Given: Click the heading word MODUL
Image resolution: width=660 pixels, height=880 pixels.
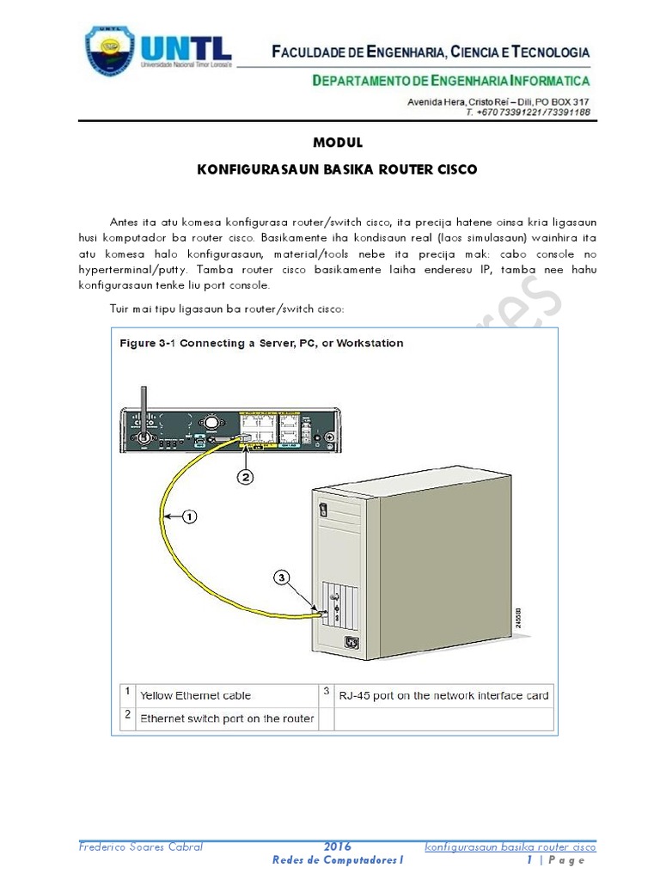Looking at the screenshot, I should coord(337,143).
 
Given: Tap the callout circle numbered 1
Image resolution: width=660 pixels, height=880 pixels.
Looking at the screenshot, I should coord(189,516).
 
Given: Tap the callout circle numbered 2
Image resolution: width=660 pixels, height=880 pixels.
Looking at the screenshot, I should coord(244,478).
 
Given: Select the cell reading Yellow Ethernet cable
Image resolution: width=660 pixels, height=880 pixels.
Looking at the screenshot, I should coord(196,695).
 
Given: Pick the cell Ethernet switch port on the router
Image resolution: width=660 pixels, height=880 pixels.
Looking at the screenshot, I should coord(227,718).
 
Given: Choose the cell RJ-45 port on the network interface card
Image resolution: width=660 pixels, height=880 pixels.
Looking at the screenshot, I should coord(443,695).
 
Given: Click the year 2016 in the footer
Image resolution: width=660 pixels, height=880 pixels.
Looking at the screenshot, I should coord(337,846).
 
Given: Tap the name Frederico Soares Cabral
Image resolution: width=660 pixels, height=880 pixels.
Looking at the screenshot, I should coord(141,846).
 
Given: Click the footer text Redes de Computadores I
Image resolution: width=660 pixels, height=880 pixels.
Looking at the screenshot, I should coord(337,860).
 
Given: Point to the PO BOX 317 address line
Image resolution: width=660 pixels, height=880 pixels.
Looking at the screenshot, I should coord(498,101).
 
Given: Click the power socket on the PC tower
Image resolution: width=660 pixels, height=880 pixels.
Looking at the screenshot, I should coord(351,640).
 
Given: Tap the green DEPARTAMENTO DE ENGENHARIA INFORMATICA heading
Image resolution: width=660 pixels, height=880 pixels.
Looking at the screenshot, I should coord(450,82).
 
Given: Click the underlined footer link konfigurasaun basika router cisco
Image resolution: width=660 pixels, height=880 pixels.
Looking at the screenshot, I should coord(510,846).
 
